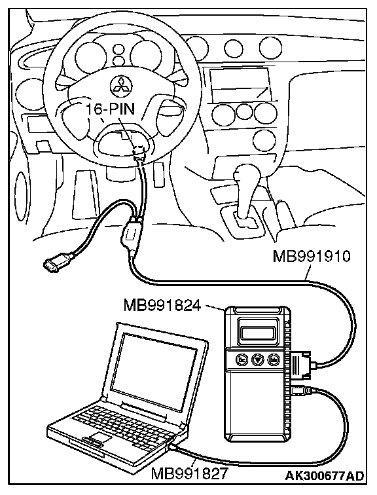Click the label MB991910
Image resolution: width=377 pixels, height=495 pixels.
312,256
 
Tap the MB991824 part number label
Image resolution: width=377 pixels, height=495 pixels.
162,305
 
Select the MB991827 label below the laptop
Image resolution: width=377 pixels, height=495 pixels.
189,473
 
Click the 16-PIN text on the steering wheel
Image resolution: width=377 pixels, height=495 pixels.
111,109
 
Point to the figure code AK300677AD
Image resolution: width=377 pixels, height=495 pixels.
325,476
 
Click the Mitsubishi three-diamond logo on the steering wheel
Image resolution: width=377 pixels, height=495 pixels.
121,85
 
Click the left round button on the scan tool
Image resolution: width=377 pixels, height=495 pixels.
242,359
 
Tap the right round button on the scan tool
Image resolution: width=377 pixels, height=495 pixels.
274,359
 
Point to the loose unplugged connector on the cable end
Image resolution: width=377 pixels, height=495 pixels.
58,261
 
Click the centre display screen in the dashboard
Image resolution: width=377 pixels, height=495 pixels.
240,84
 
